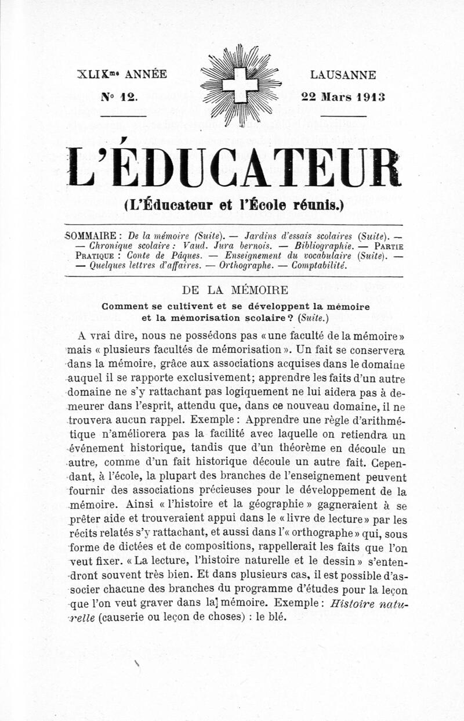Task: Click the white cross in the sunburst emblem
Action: pos(240,85)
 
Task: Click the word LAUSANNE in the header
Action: pos(343,75)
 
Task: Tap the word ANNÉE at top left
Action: pos(146,74)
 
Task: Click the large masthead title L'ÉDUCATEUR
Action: pos(234,167)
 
